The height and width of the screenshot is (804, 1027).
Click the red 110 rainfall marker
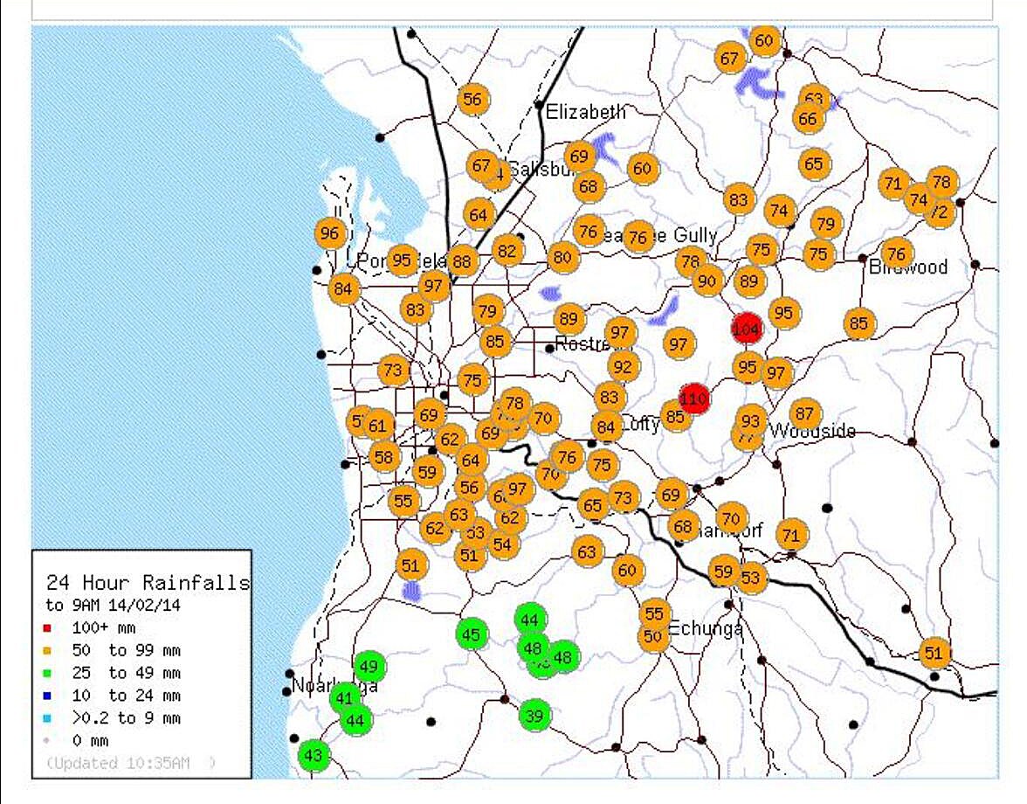693,399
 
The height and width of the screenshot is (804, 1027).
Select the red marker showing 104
747,329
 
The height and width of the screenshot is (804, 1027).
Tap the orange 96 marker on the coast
329,233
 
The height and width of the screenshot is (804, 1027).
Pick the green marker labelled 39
534,716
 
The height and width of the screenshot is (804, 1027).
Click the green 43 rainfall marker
314,755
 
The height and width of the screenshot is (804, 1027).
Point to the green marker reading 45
471,634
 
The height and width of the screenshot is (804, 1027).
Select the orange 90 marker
707,281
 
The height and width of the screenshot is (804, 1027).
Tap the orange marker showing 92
623,366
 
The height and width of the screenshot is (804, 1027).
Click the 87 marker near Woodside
805,413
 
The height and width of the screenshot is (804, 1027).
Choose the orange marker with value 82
507,251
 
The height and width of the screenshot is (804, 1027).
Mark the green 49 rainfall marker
369,667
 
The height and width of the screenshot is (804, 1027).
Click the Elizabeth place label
585,112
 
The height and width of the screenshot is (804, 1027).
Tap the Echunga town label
705,628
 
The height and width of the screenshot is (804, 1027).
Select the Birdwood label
907,267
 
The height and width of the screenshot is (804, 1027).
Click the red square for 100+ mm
49,628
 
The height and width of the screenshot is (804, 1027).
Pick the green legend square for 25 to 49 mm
49,674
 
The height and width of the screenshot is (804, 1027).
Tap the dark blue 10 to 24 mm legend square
49,697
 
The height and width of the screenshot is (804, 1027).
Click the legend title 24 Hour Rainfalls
147,583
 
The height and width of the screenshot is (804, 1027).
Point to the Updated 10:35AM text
129,763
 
